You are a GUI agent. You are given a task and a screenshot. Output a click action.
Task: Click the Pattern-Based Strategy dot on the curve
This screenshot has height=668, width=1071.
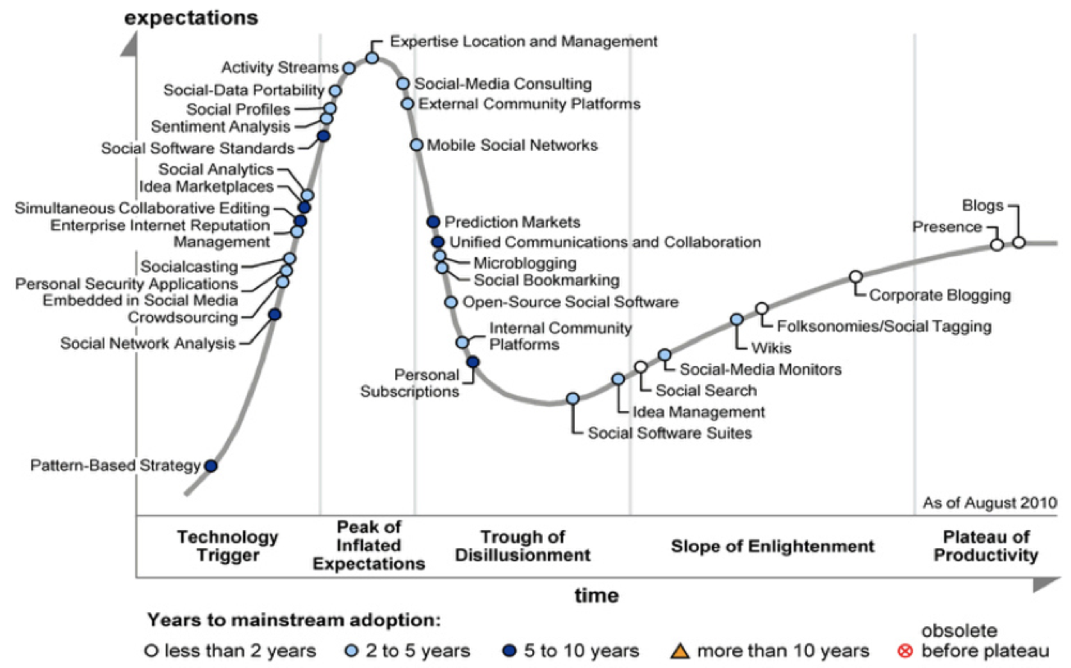[211, 465]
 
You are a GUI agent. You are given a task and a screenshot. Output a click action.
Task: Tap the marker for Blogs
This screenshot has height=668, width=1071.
[1019, 242]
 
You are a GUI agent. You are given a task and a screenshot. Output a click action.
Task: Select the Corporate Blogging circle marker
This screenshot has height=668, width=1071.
[855, 277]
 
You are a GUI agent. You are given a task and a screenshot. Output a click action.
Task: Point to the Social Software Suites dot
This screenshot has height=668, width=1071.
[573, 399]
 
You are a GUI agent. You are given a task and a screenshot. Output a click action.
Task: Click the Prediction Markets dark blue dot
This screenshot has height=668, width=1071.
[433, 222]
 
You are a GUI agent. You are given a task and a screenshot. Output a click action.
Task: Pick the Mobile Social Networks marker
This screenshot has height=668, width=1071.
[417, 145]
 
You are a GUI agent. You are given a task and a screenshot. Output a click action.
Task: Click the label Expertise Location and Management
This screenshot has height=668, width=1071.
[524, 40]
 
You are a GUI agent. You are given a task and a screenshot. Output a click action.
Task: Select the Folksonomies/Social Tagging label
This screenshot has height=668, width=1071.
[884, 327]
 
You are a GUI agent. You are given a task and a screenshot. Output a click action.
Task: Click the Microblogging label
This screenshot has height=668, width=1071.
[525, 263]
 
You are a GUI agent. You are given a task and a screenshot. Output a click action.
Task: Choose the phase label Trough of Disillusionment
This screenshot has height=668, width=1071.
[523, 546]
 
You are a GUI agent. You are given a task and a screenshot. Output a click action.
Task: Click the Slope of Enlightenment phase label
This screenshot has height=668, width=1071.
[772, 546]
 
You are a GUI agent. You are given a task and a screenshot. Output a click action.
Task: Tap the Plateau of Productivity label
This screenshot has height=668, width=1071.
[986, 546]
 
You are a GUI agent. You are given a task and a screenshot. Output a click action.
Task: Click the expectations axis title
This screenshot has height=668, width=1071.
[191, 17]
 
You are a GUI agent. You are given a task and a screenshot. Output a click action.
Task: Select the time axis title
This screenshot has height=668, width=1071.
[596, 595]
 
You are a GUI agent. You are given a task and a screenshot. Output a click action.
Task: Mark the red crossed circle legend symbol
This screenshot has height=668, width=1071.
[906, 652]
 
